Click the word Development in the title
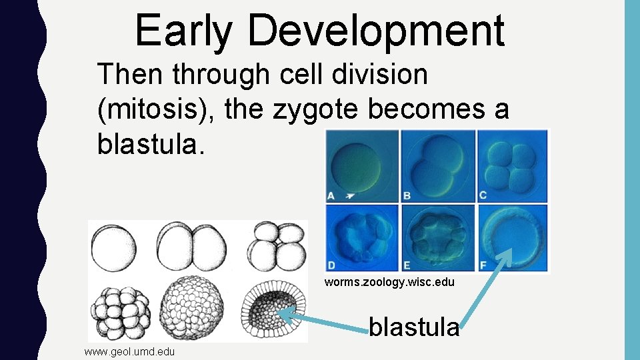[x=378, y=31]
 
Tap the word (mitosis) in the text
[x=157, y=109]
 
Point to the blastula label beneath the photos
[x=414, y=327]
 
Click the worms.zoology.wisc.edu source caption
[x=389, y=282]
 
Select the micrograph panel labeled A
[x=361, y=166]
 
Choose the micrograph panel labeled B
[x=437, y=166]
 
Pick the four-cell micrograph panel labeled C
[x=513, y=166]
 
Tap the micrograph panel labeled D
[x=361, y=237]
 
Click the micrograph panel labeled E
[x=437, y=237]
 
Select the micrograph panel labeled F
[x=513, y=237]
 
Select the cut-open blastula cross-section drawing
[x=275, y=311]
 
